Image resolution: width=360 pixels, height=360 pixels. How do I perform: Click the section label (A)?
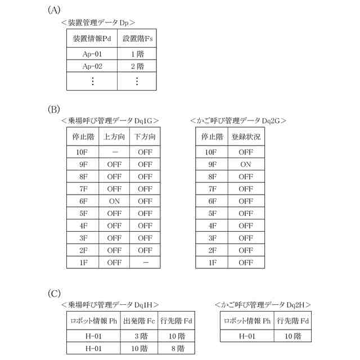tap(54, 10)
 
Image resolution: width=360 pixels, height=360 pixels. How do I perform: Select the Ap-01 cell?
tap(92, 54)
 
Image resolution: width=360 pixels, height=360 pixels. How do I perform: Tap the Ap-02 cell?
tap(92, 66)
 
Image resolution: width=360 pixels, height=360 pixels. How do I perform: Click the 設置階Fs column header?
tap(137, 39)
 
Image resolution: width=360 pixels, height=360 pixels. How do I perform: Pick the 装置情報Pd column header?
tap(92, 39)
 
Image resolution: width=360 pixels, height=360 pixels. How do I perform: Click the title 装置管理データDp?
tap(101, 22)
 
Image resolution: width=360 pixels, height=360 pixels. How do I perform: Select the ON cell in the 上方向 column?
tap(114, 200)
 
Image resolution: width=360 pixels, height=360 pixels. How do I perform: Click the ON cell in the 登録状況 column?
tap(246, 164)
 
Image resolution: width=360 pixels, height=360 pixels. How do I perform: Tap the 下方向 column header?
tap(145, 137)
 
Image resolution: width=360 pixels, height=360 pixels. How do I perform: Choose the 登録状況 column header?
tap(246, 137)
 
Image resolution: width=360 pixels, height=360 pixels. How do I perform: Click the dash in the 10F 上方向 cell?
tap(114, 152)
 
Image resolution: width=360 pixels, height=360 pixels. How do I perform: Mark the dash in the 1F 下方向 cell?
tap(145, 262)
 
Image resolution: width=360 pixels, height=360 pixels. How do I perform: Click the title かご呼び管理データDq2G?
tap(238, 120)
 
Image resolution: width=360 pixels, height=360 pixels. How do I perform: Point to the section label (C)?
tap(54, 293)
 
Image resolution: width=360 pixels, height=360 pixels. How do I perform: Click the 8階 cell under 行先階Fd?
tap(176, 349)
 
